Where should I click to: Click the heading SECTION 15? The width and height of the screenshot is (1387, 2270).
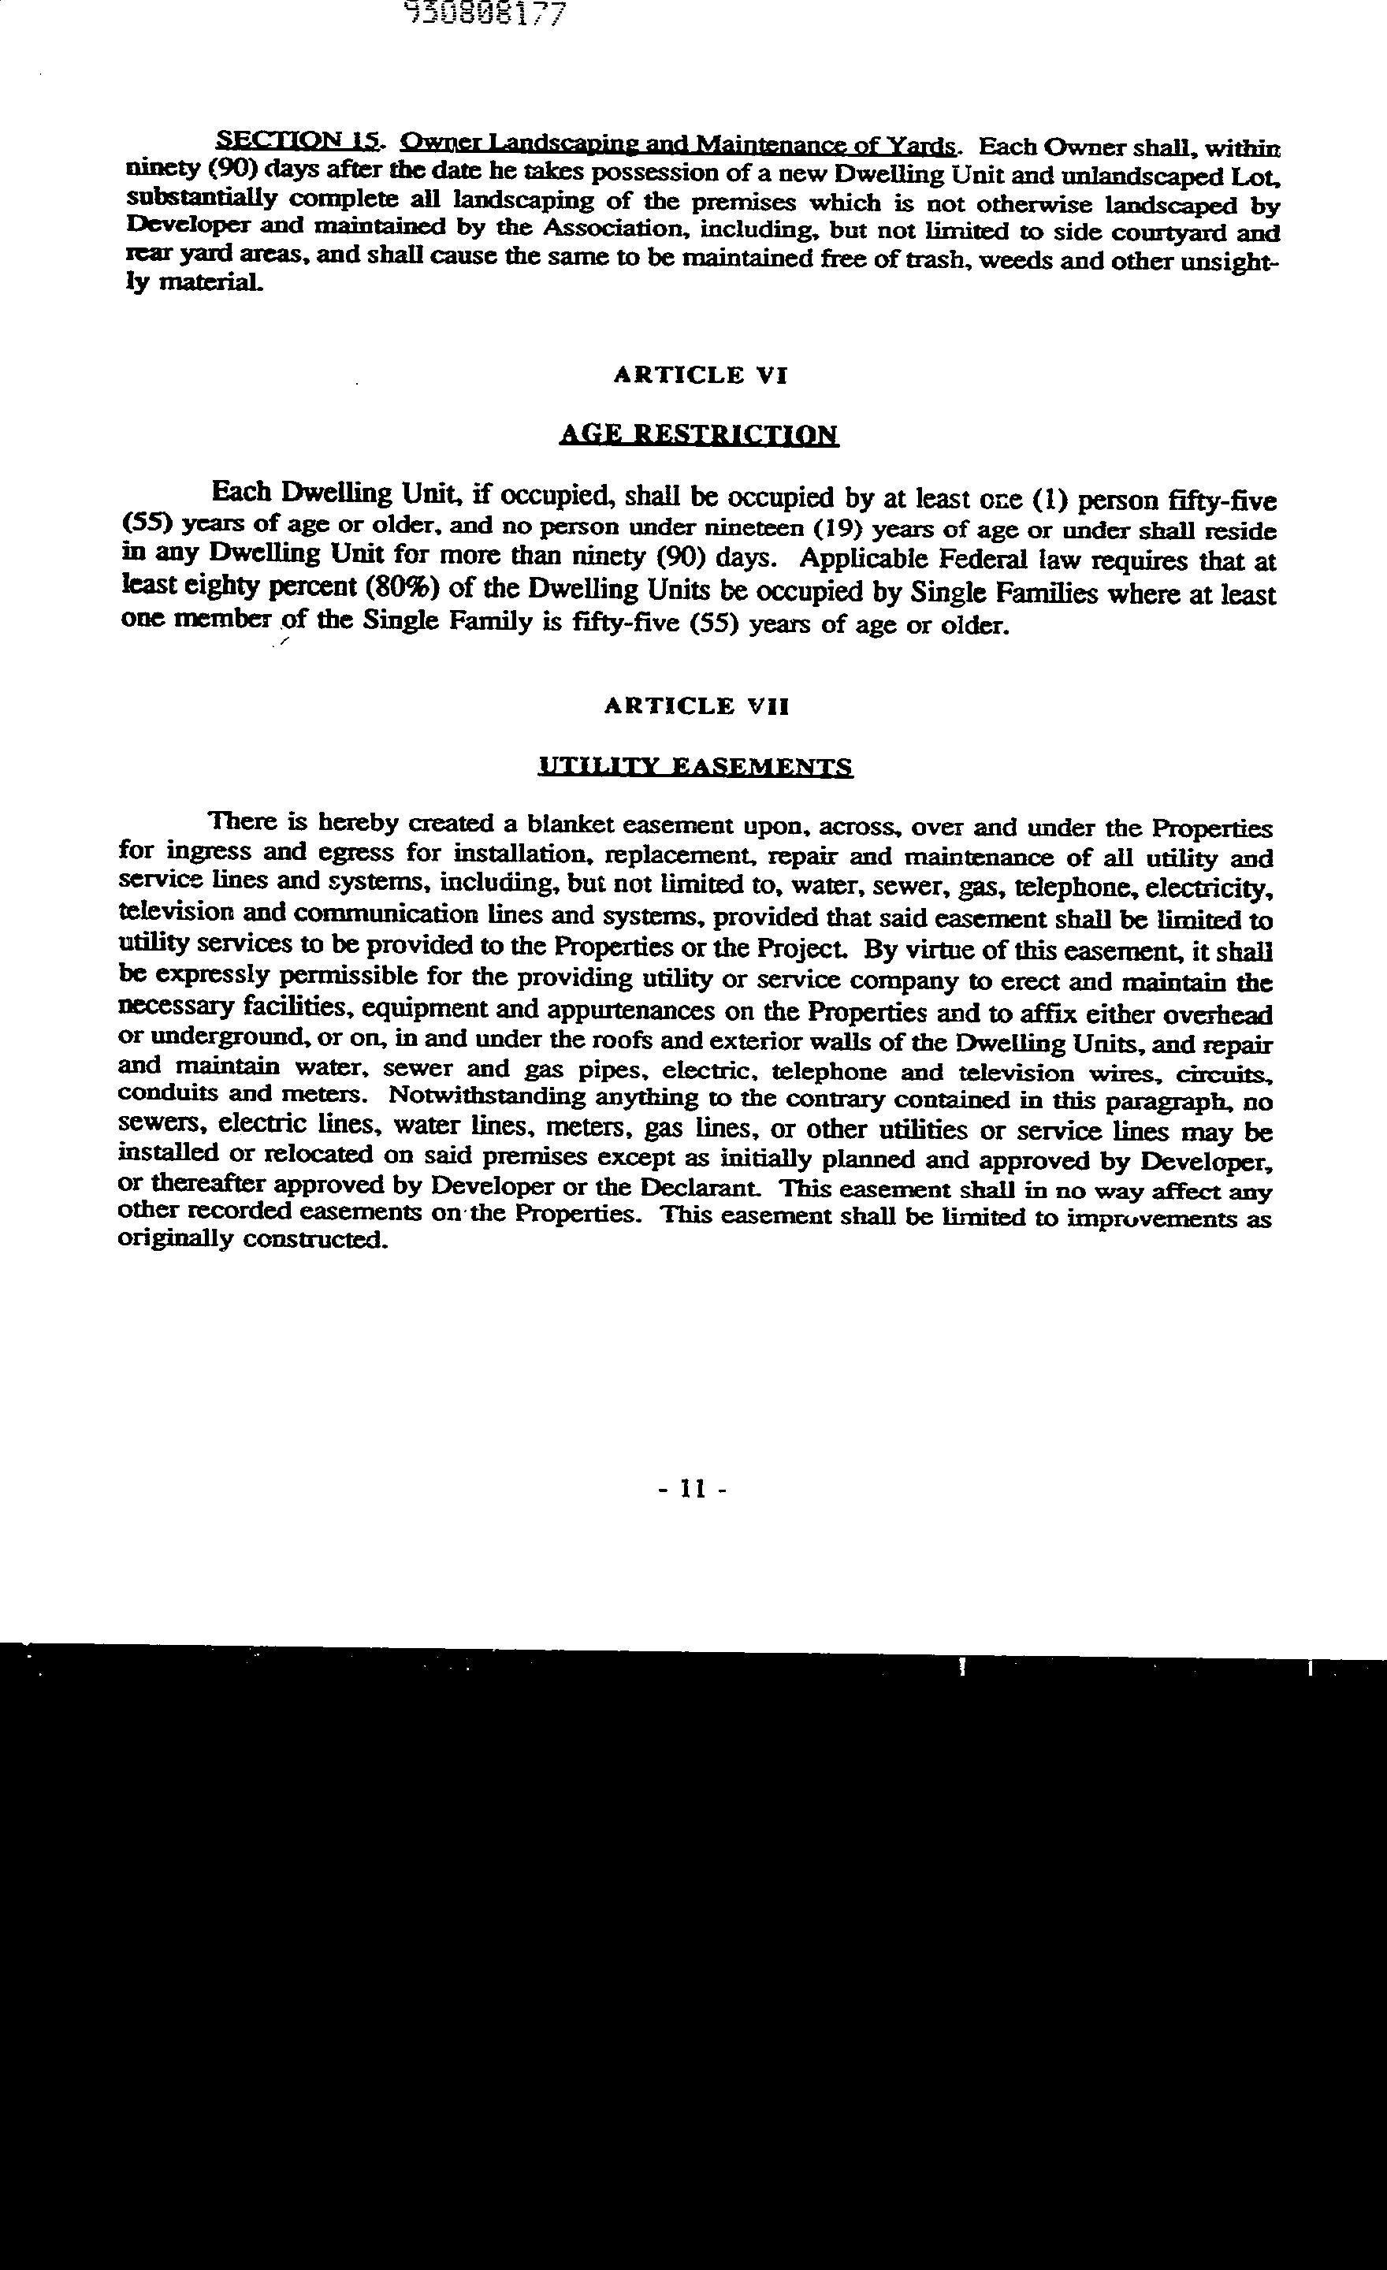tap(296, 141)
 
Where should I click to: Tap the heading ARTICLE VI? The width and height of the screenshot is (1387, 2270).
tap(700, 375)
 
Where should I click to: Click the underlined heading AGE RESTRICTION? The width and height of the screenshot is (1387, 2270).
tap(699, 434)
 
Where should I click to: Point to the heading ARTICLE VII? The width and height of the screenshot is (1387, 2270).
tap(697, 705)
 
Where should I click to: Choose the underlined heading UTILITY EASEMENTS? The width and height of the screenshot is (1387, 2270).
tap(695, 766)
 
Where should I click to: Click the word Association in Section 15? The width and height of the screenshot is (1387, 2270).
tap(597, 228)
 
